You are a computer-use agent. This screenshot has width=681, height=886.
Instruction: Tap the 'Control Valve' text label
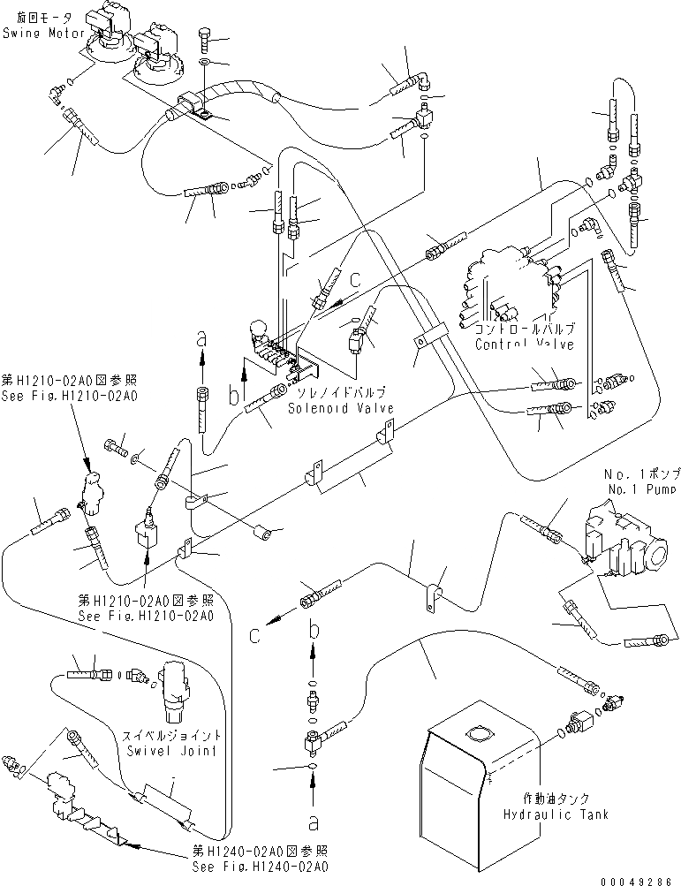tap(524, 344)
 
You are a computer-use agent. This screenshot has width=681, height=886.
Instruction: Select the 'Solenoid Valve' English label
tap(340, 407)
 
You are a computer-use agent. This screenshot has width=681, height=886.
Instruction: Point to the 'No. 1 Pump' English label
tap(641, 488)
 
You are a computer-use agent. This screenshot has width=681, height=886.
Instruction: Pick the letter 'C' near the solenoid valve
tap(354, 280)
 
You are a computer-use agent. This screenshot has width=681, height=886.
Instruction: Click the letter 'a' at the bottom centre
tap(313, 822)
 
